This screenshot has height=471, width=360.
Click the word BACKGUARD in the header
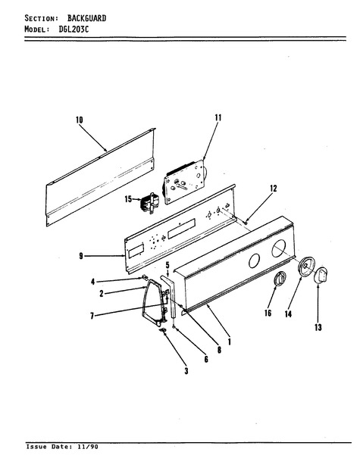[86, 18]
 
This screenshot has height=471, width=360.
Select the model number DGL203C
[74, 30]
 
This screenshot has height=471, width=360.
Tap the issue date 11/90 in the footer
[87, 447]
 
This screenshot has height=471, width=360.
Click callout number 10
[79, 120]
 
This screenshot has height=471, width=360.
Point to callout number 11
[218, 117]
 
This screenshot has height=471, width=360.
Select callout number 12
[273, 189]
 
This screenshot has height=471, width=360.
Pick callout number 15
[128, 199]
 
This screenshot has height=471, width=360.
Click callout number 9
[81, 256]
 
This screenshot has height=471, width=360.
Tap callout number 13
[318, 327]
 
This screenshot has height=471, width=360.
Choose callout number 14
[288, 314]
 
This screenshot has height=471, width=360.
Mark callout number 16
[268, 313]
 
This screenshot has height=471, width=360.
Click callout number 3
[186, 371]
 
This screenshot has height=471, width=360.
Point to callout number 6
[206, 359]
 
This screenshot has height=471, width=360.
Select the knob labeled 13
[321, 275]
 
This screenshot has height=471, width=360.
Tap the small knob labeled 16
[279, 278]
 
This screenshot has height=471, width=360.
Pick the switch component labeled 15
[149, 203]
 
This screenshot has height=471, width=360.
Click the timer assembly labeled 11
[184, 182]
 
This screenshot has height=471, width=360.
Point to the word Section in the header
[42, 18]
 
